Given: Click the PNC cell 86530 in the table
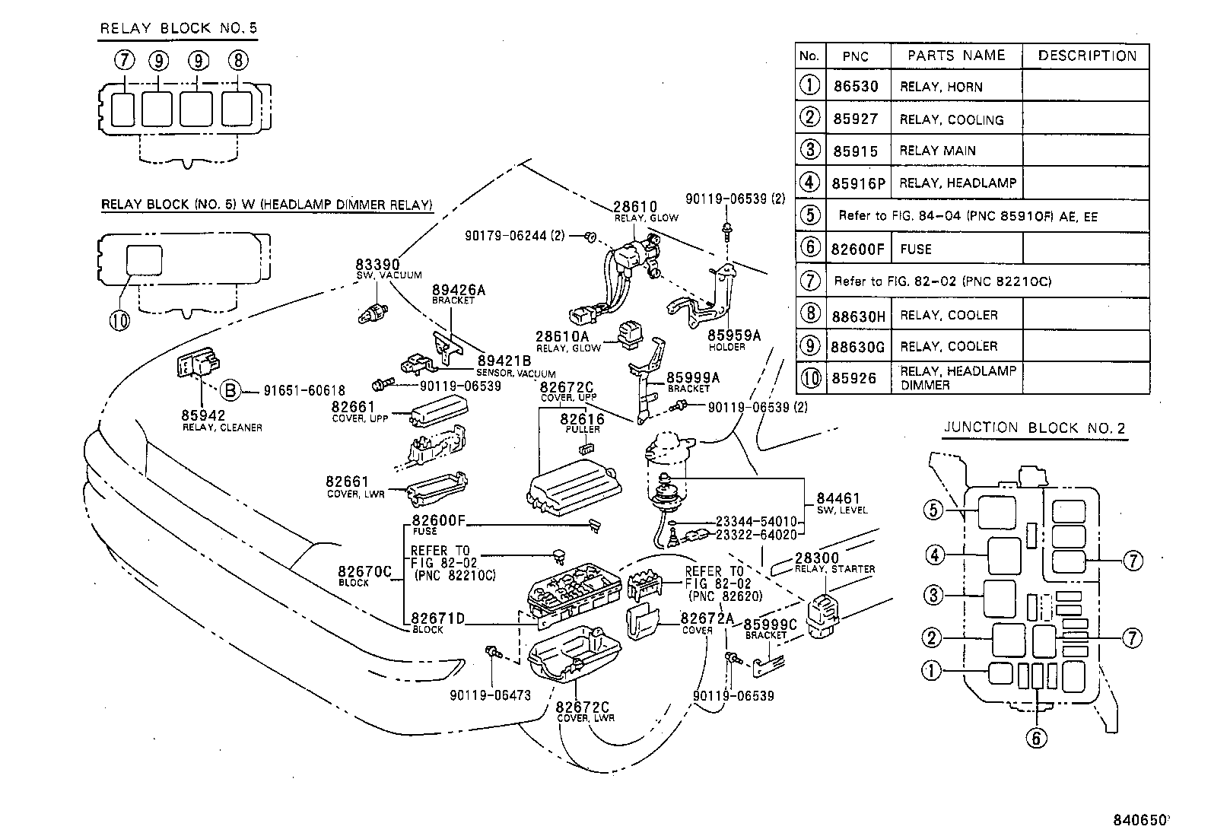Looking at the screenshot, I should tap(855, 86).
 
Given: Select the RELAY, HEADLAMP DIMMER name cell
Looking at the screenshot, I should tap(957, 377).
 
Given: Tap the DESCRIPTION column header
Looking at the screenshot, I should tap(1086, 56).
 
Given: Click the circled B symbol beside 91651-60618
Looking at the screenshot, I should tap(230, 391).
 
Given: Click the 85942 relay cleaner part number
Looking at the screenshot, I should tap(203, 415).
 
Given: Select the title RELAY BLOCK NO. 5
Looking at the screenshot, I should tap(179, 29).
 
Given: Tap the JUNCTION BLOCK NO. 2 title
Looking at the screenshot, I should tap(1034, 428).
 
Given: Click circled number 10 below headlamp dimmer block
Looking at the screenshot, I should tap(119, 320).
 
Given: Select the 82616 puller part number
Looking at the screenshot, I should tap(582, 419).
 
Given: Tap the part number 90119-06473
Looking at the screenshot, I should tap(490, 695).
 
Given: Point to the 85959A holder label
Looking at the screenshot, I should tap(733, 335).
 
